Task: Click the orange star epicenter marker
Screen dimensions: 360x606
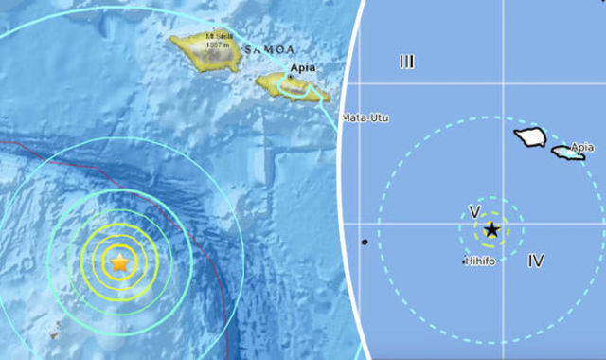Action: pos(119,262)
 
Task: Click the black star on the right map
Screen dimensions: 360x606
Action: pos(491,229)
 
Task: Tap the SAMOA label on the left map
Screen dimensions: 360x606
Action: pos(271,48)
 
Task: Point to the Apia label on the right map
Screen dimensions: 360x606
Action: pos(583,147)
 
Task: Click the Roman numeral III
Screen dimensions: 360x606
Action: pos(406,63)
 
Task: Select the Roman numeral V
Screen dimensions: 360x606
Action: pos(474,210)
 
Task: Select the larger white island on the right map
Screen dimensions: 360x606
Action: pos(530,137)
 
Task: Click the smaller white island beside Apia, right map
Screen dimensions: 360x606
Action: pos(566,152)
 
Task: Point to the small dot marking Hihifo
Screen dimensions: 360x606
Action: pos(464,261)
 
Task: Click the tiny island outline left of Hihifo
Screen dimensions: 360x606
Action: pos(365,243)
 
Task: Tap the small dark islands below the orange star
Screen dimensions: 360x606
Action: pos(56,330)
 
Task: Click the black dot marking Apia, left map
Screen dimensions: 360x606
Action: pos(290,78)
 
